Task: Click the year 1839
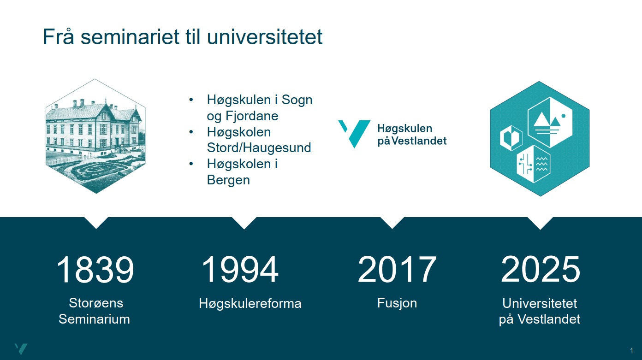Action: [x=95, y=270]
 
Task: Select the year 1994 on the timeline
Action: [x=240, y=270]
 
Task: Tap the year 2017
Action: [x=397, y=270]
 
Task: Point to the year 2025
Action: [x=541, y=270]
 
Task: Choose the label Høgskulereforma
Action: [x=250, y=304]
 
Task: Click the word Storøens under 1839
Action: [x=96, y=303]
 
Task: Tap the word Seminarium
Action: [x=94, y=319]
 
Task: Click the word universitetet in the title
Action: [x=265, y=37]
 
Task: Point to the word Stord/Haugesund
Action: [x=259, y=148]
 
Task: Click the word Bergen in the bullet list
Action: [x=228, y=180]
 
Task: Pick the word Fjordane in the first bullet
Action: [x=252, y=116]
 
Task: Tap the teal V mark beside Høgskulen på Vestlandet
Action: [x=355, y=133]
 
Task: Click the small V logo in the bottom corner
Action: [x=21, y=349]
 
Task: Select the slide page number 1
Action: [x=632, y=350]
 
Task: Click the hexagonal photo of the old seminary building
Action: [x=95, y=136]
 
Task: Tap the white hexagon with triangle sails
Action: [x=550, y=122]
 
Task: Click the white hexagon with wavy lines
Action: [x=534, y=164]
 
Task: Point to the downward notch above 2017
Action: [x=392, y=223]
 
